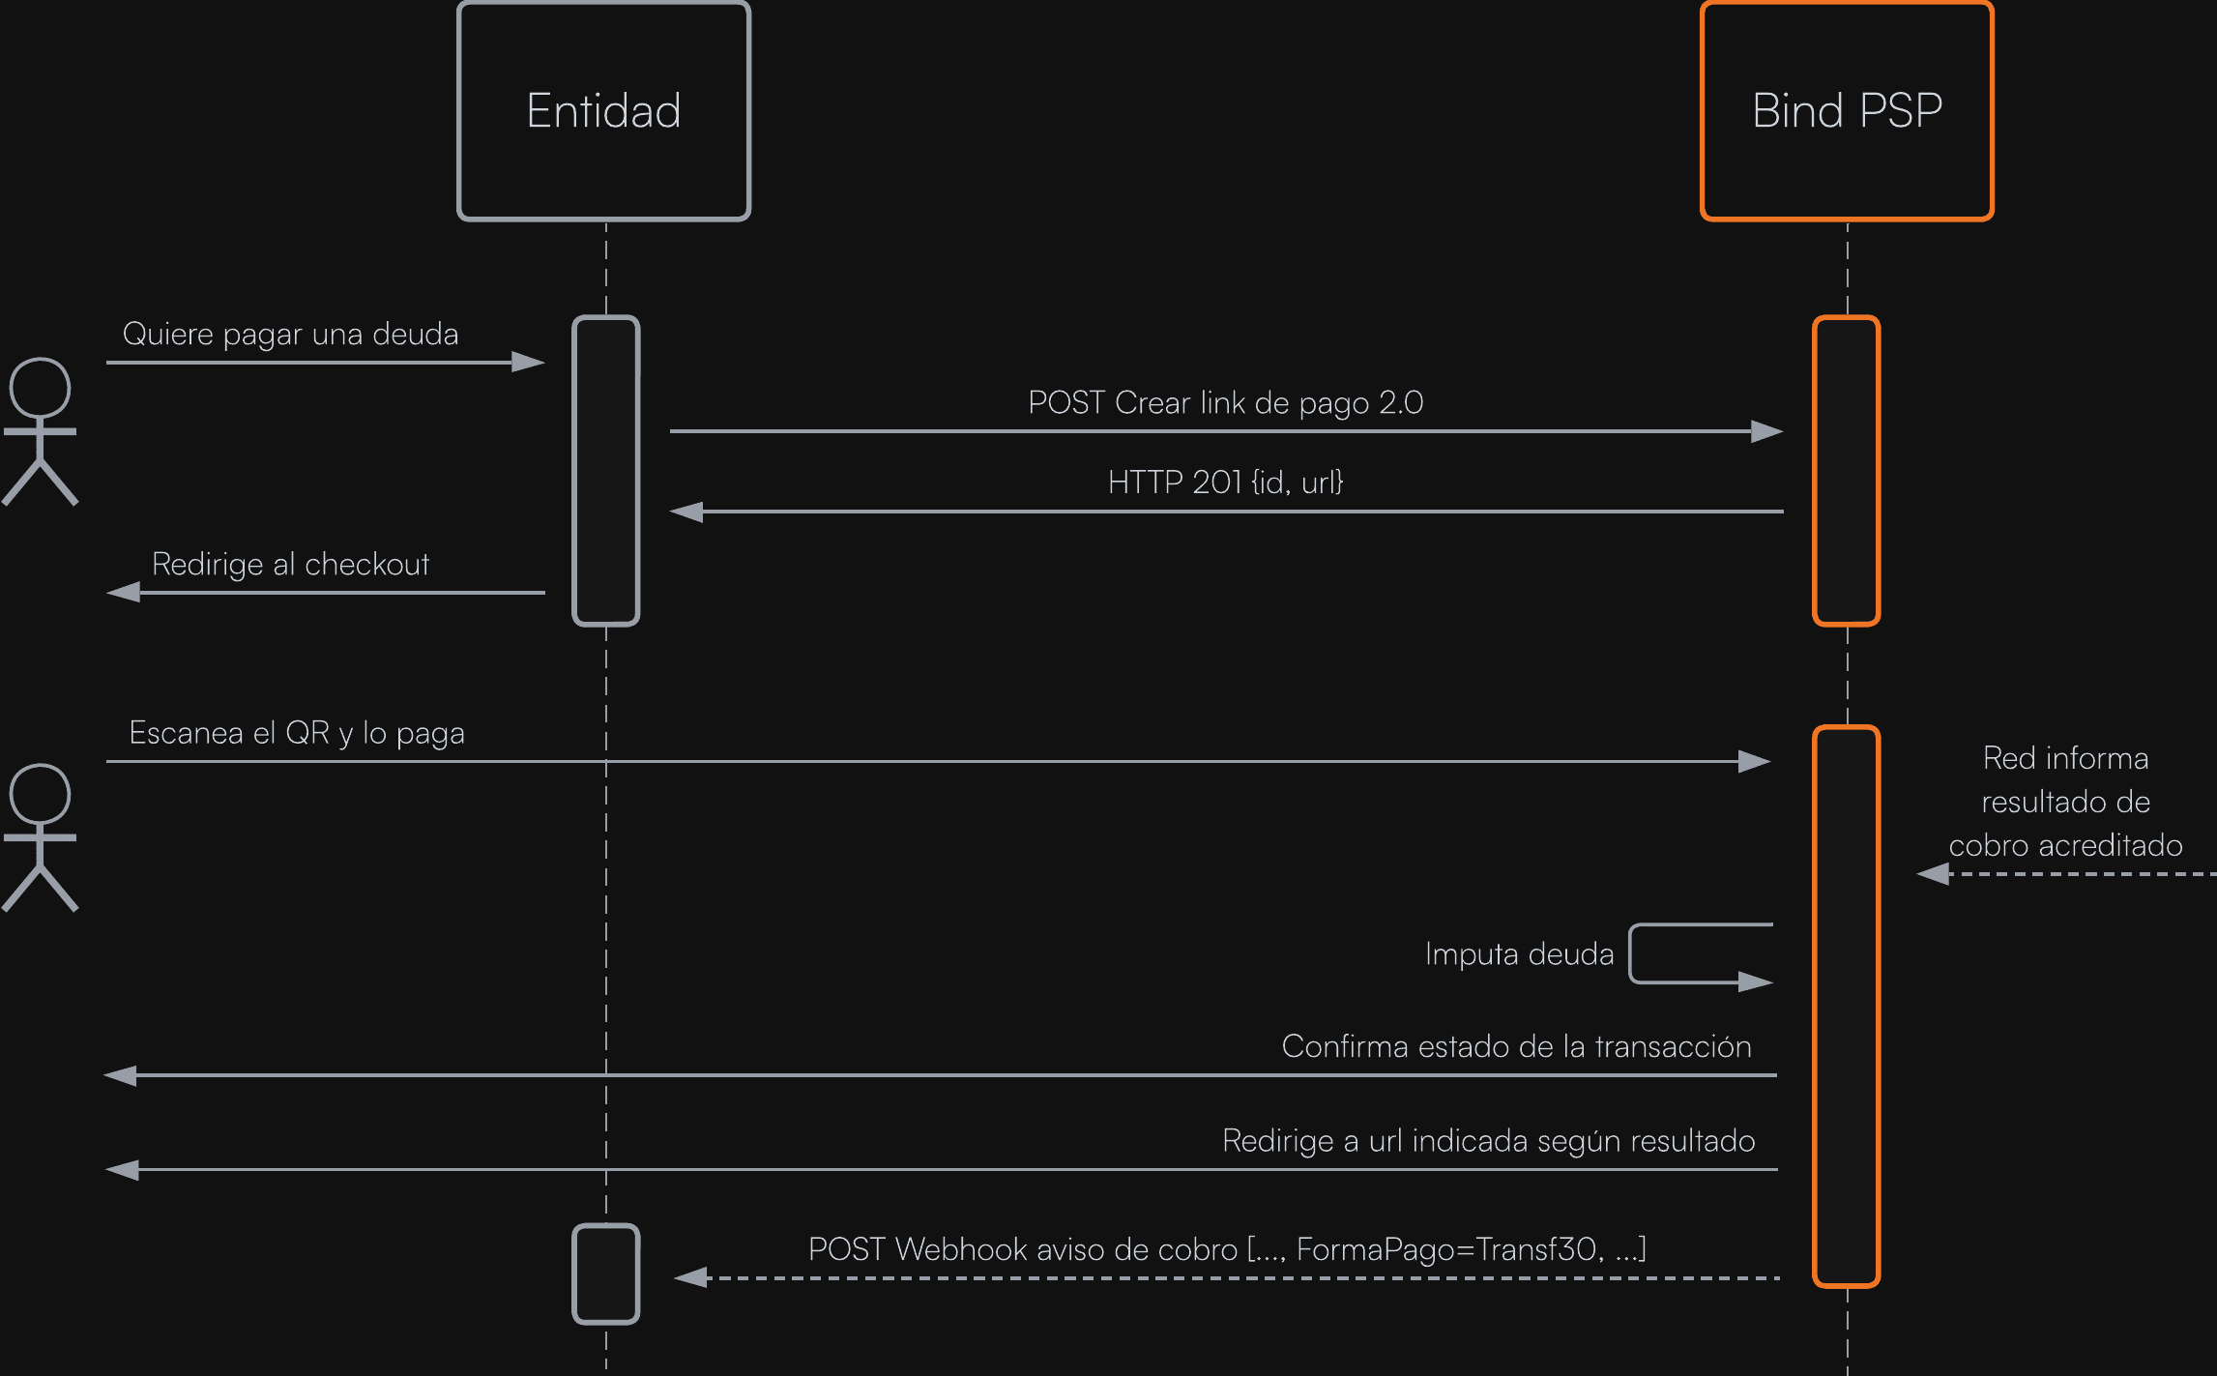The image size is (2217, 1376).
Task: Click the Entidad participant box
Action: (603, 110)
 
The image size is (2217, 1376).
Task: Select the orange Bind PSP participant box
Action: (1847, 110)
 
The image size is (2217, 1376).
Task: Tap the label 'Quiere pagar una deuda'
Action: (290, 335)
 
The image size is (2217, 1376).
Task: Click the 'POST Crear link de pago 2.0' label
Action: (1225, 402)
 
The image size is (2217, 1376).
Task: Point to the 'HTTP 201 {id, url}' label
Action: (1225, 482)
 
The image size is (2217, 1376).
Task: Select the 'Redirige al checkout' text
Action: (290, 564)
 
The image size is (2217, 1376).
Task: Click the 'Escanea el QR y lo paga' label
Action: (297, 733)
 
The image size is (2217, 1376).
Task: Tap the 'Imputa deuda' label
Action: (1519, 954)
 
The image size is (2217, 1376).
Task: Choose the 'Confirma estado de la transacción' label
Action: (1516, 1046)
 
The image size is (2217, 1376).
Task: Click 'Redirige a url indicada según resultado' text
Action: (1488, 1141)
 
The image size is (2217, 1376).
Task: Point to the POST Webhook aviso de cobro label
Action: (1227, 1249)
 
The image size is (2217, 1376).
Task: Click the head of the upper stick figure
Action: (40, 388)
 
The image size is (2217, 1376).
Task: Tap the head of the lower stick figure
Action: (40, 794)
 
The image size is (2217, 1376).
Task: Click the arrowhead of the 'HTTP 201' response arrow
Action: (687, 512)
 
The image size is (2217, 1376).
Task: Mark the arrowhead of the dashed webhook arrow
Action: (691, 1278)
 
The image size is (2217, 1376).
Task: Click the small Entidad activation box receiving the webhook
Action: (606, 1274)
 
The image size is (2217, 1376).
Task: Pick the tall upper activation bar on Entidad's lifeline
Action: (606, 471)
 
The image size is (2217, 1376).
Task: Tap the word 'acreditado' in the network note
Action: (2111, 846)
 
